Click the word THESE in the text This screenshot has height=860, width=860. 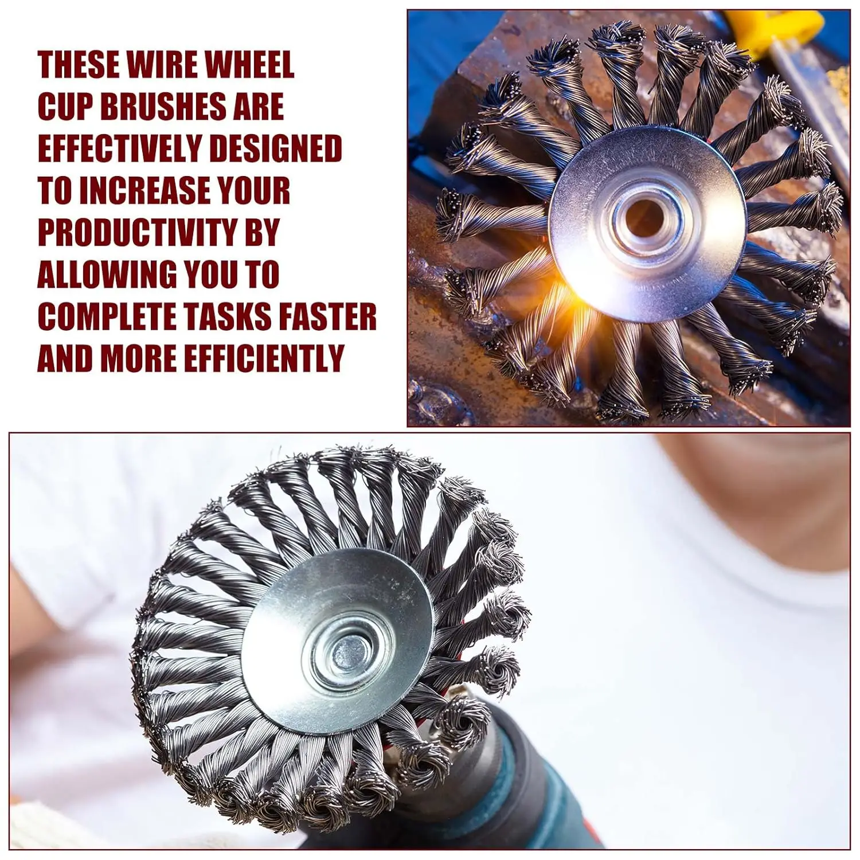[79, 64]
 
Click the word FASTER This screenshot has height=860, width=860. [328, 316]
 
